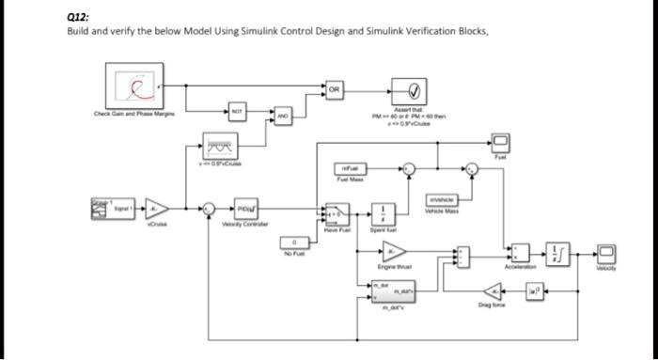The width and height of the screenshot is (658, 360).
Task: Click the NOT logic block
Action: click(x=239, y=110)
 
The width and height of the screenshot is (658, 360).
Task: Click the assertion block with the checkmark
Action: click(x=413, y=92)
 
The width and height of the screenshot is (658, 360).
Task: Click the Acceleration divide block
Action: click(x=521, y=252)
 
